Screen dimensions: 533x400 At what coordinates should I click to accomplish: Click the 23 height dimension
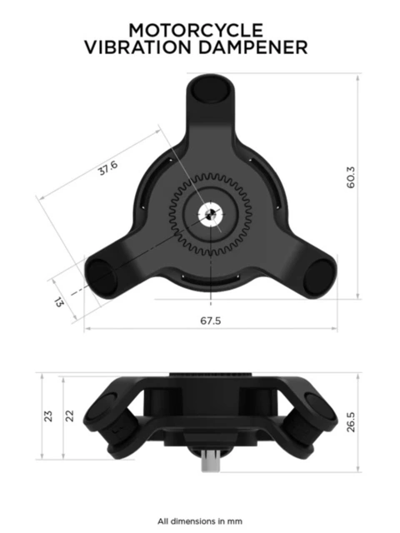48,414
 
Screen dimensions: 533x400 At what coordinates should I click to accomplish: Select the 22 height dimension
71,414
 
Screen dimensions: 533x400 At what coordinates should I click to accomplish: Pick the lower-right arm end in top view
317,276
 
